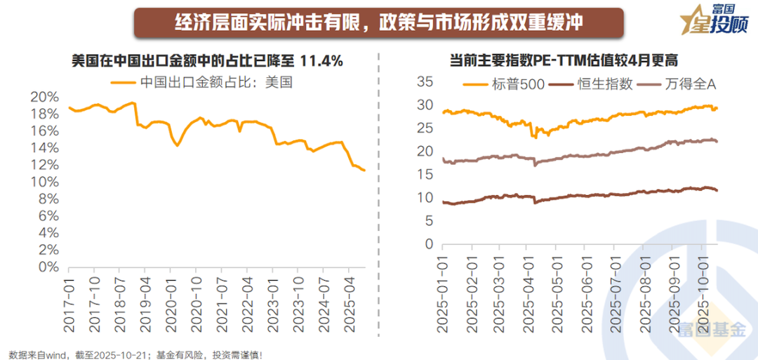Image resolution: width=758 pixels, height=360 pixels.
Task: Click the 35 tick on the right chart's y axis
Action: point(425,81)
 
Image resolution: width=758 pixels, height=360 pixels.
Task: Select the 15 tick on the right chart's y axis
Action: point(425,175)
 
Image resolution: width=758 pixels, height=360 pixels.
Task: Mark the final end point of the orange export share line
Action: point(364,171)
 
